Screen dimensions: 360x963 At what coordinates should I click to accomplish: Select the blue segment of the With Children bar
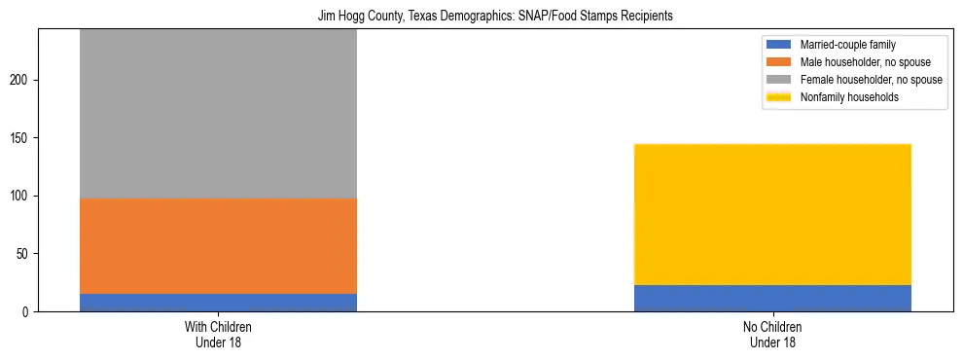pos(218,303)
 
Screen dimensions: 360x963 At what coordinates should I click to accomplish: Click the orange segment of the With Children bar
pos(218,246)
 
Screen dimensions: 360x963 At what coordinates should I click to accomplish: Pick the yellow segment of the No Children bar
pos(772,214)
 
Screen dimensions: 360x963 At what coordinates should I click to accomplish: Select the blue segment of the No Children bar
pos(772,298)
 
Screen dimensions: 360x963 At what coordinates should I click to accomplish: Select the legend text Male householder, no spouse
pos(857,62)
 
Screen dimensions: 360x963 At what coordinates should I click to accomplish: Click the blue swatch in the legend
pos(779,45)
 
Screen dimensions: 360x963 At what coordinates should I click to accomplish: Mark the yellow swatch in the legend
pos(779,97)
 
